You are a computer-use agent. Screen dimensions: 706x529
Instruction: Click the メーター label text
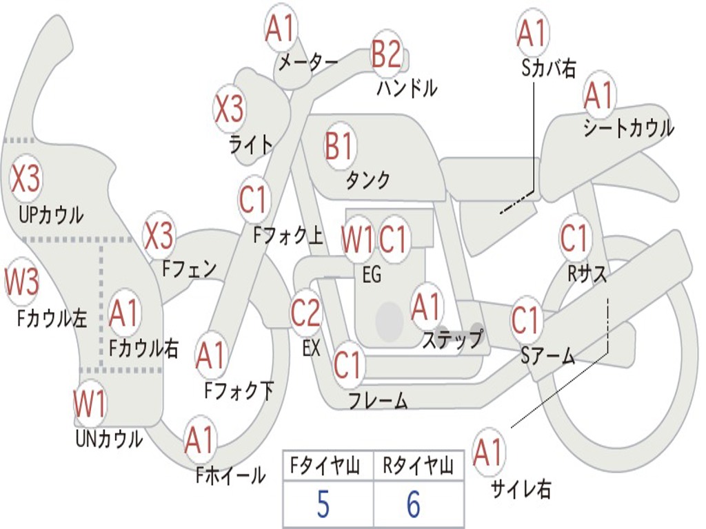pyautogui.click(x=307, y=63)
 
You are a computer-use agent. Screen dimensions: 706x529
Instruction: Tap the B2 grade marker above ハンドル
pyautogui.click(x=386, y=54)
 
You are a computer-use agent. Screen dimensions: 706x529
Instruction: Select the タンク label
pyautogui.click(x=367, y=180)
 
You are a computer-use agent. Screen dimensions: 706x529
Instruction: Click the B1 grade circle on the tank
pyautogui.click(x=339, y=146)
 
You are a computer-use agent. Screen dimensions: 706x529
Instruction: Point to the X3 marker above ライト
pyautogui.click(x=229, y=109)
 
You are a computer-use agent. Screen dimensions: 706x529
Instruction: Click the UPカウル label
pyautogui.click(x=50, y=214)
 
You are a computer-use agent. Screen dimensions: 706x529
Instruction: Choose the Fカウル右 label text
pyautogui.click(x=144, y=348)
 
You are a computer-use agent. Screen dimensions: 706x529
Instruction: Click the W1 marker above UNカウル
pyautogui.click(x=90, y=404)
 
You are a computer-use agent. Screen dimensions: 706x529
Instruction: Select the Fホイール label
pyautogui.click(x=230, y=475)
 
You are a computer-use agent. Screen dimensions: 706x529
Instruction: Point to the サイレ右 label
pyautogui.click(x=521, y=490)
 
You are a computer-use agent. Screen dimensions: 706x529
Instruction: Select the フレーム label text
pyautogui.click(x=378, y=400)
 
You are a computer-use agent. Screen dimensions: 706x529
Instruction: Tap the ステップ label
pyautogui.click(x=453, y=340)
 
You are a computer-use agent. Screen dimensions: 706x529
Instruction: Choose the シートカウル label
pyautogui.click(x=628, y=129)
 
